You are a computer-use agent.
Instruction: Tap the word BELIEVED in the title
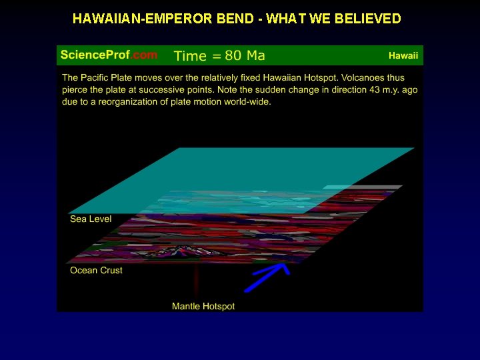click(x=369, y=19)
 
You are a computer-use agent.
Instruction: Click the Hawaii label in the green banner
click(x=403, y=55)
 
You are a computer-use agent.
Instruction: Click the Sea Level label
click(x=91, y=219)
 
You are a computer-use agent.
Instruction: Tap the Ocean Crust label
click(x=96, y=271)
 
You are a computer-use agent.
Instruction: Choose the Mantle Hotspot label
click(x=203, y=307)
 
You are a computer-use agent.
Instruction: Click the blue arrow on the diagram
click(x=267, y=277)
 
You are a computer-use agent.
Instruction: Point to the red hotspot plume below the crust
click(x=197, y=280)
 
